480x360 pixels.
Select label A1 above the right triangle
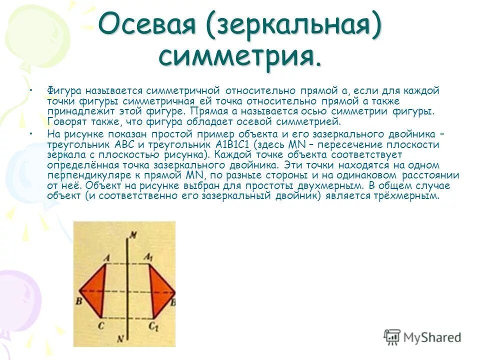tap(149, 257)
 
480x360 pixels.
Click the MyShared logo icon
tap(392, 336)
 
